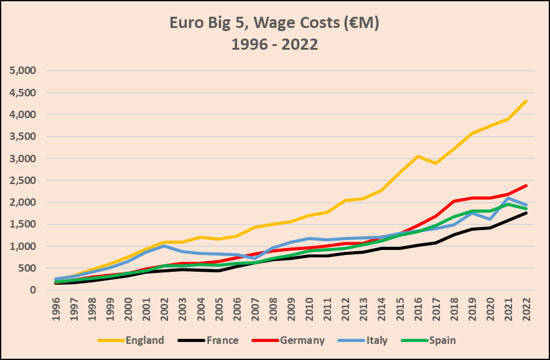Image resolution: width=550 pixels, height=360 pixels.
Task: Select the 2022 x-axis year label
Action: tap(526, 308)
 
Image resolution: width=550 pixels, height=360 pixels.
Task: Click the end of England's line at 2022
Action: tap(526, 101)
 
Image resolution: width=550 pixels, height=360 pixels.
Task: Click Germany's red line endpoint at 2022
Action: tap(526, 185)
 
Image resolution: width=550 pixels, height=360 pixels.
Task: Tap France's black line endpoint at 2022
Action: tap(526, 213)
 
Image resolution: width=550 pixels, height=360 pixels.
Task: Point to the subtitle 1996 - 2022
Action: tap(274, 45)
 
